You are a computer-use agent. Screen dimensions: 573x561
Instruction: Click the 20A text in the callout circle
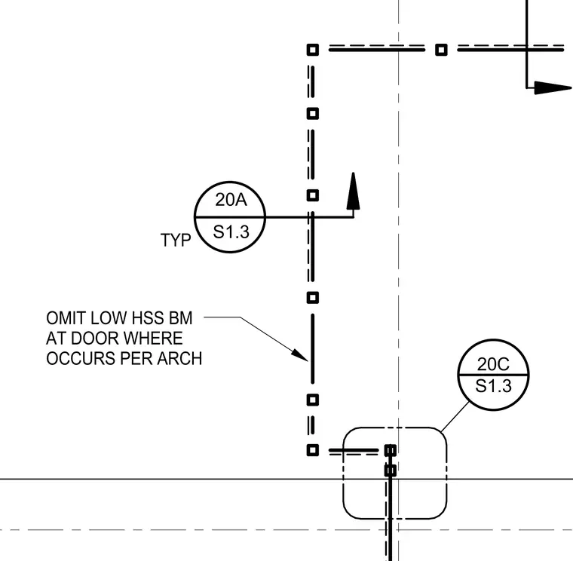(x=231, y=200)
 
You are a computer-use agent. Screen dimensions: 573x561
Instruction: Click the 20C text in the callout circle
(x=493, y=364)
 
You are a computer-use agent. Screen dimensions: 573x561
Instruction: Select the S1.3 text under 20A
(x=231, y=231)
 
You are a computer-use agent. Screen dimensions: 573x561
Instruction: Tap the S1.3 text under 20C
(x=493, y=386)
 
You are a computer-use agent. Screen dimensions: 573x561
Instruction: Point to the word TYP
(x=176, y=240)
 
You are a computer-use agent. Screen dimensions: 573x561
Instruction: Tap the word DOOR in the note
(x=97, y=339)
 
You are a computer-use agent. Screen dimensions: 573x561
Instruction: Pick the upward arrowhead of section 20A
(x=353, y=191)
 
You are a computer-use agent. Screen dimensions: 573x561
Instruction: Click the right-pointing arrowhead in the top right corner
(x=553, y=87)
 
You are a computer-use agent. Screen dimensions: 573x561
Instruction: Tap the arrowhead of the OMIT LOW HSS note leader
(x=299, y=355)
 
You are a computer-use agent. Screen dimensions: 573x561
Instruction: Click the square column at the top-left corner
(x=312, y=50)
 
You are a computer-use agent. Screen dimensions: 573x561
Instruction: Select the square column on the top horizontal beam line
(x=441, y=50)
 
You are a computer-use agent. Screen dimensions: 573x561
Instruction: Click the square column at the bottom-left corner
(x=312, y=450)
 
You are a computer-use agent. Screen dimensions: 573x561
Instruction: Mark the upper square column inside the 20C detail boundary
(x=391, y=450)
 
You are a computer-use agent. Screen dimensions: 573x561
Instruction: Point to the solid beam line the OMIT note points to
(x=312, y=348)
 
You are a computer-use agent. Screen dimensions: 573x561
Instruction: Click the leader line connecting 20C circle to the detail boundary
(x=455, y=417)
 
